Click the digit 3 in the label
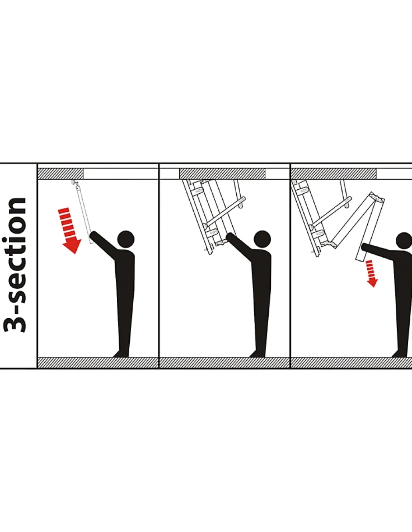click(15, 320)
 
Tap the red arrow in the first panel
click(70, 231)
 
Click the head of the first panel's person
click(126, 239)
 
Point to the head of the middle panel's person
click(262, 239)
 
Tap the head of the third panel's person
click(405, 241)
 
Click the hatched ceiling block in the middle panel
click(222, 174)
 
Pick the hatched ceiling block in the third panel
click(334, 174)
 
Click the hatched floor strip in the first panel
click(98, 362)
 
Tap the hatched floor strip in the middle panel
click(224, 362)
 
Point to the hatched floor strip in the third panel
click(352, 362)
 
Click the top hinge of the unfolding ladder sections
click(377, 198)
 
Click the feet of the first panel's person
click(121, 354)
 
